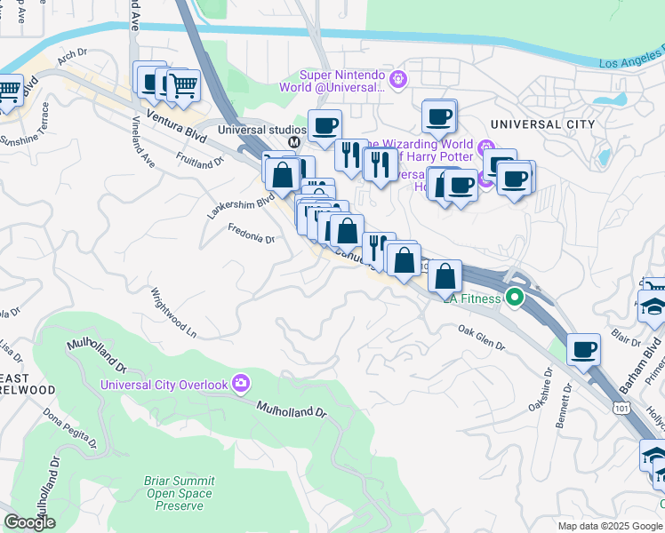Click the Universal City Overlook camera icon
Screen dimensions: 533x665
coord(240,384)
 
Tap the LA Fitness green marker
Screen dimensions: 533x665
coord(515,298)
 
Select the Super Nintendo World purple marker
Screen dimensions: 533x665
coord(397,80)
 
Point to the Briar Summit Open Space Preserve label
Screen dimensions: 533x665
coord(179,493)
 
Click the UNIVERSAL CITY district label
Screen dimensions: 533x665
coord(542,124)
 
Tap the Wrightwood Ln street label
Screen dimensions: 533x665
coord(173,312)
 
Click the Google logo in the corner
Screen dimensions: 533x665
coord(29,522)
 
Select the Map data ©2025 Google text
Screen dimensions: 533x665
coord(610,526)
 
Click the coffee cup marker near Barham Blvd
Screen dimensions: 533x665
coord(583,350)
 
